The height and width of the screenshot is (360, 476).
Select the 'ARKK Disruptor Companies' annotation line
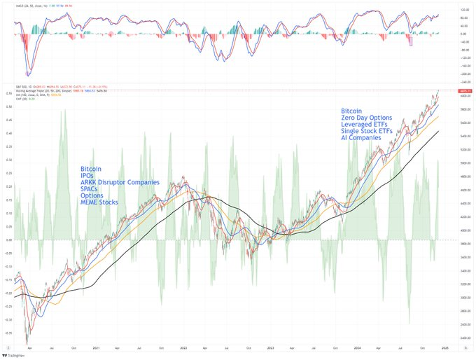point(120,182)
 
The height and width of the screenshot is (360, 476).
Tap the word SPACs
point(90,188)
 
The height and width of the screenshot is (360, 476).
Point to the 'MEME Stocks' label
point(99,202)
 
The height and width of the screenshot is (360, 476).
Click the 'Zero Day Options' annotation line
point(366,118)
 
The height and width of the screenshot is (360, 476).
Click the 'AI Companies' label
point(360,138)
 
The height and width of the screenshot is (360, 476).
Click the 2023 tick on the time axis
point(270,347)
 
